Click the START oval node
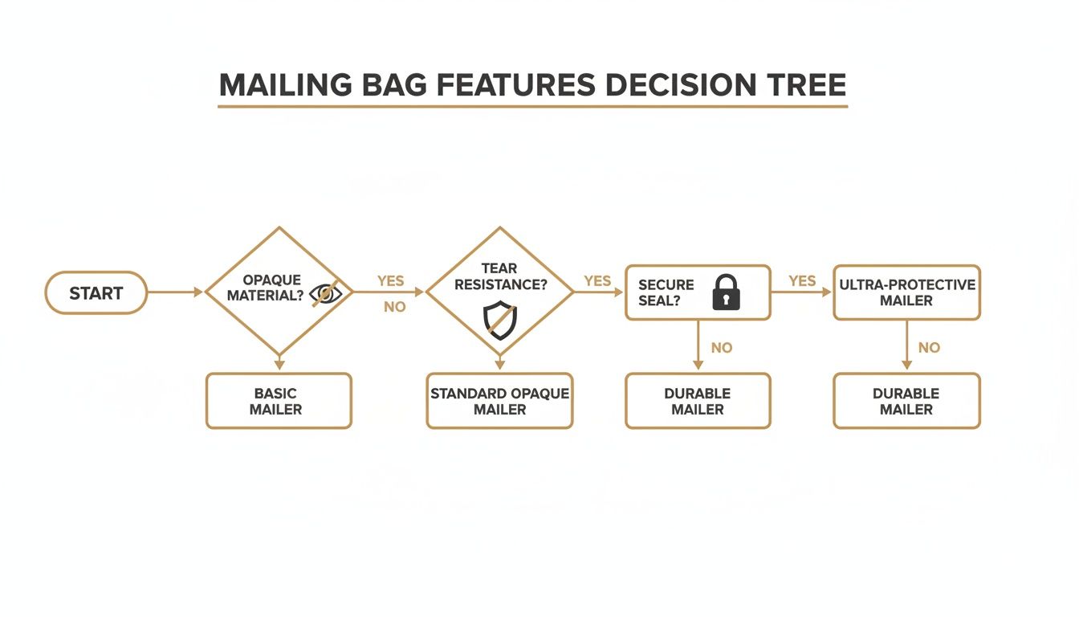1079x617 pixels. (96, 292)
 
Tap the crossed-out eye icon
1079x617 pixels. (325, 294)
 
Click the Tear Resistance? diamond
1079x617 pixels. (499, 292)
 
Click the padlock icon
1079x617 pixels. (727, 292)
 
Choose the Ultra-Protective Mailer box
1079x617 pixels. (906, 292)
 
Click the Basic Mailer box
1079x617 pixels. (279, 401)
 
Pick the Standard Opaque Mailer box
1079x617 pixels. (499, 401)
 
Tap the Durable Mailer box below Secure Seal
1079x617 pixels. (697, 401)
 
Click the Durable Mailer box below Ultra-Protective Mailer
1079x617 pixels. (906, 401)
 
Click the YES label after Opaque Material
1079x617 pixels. (391, 281)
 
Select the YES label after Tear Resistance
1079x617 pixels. (597, 281)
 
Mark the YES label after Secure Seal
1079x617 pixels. (802, 281)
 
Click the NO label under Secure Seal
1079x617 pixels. (722, 348)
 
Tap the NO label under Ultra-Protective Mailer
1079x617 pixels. (929, 348)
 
